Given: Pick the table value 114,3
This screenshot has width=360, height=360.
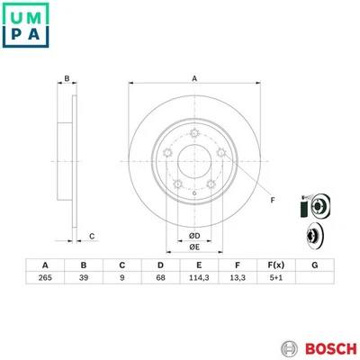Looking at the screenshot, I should click(x=198, y=278).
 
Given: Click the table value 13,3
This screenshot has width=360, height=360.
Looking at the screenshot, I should click(x=236, y=278).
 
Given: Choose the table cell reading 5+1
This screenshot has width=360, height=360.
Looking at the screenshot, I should click(x=275, y=278).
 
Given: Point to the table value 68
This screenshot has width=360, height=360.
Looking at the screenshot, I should click(x=159, y=278).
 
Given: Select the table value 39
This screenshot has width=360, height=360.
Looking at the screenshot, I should click(x=83, y=278).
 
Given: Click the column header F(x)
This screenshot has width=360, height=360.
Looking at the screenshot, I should click(x=275, y=265).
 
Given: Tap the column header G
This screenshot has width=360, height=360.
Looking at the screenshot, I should click(x=314, y=265).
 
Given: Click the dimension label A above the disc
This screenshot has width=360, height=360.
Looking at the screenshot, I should click(x=193, y=78).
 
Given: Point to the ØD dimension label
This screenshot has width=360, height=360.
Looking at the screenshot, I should click(x=193, y=236).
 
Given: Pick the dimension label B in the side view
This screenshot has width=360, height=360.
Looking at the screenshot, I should click(x=66, y=78).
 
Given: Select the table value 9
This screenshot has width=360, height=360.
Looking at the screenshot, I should click(x=121, y=278).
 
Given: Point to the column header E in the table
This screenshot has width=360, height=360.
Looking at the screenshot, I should click(x=198, y=265).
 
